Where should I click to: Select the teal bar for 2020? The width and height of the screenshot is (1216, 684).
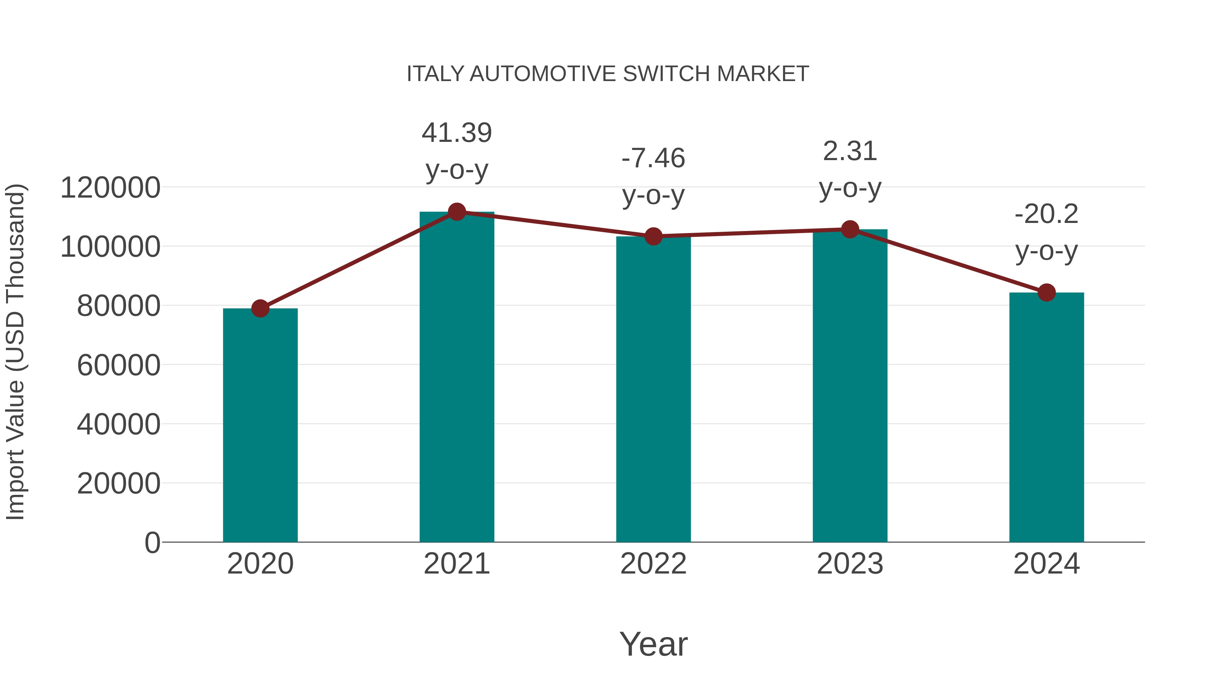pyautogui.click(x=260, y=425)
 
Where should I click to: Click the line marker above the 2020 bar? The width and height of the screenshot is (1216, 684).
pyautogui.click(x=260, y=309)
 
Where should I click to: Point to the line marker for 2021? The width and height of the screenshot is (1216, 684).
pyautogui.click(x=456, y=212)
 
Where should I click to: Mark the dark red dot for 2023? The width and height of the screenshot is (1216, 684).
pyautogui.click(x=850, y=229)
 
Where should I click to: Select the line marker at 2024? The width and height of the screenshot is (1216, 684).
pyautogui.click(x=1046, y=293)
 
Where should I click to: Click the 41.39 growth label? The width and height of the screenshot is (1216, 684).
pyautogui.click(x=456, y=133)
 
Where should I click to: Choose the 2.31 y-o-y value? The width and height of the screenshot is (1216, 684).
pyautogui.click(x=850, y=152)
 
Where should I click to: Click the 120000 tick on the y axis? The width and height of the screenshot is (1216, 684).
pyautogui.click(x=110, y=188)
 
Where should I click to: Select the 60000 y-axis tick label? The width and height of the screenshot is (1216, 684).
pyautogui.click(x=119, y=365)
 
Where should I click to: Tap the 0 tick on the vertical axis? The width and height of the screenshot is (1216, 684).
pyautogui.click(x=152, y=542)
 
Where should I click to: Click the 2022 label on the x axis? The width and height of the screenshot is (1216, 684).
pyautogui.click(x=653, y=564)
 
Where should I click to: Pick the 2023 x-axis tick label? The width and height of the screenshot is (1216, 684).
pyautogui.click(x=850, y=564)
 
